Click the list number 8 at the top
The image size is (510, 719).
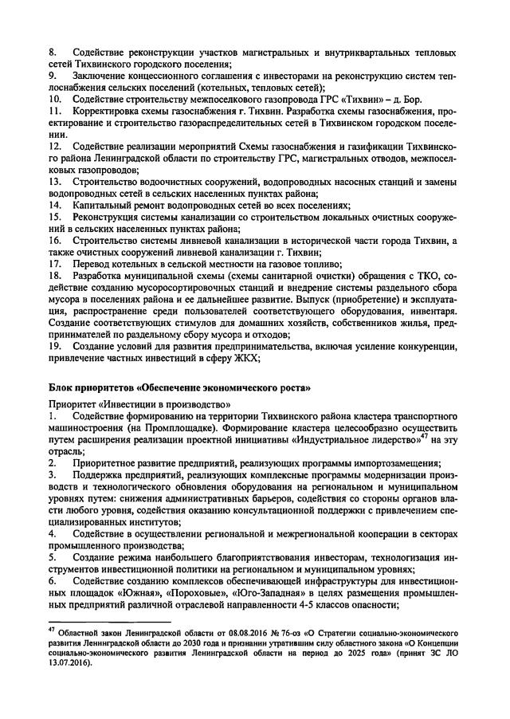click(x=52, y=52)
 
